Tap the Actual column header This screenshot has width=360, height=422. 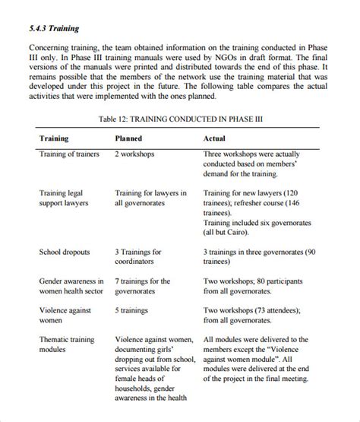(214, 139)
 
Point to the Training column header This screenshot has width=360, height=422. (54, 139)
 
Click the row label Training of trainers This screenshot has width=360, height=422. (69, 154)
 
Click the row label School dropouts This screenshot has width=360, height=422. (65, 252)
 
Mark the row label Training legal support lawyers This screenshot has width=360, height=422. (64, 198)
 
